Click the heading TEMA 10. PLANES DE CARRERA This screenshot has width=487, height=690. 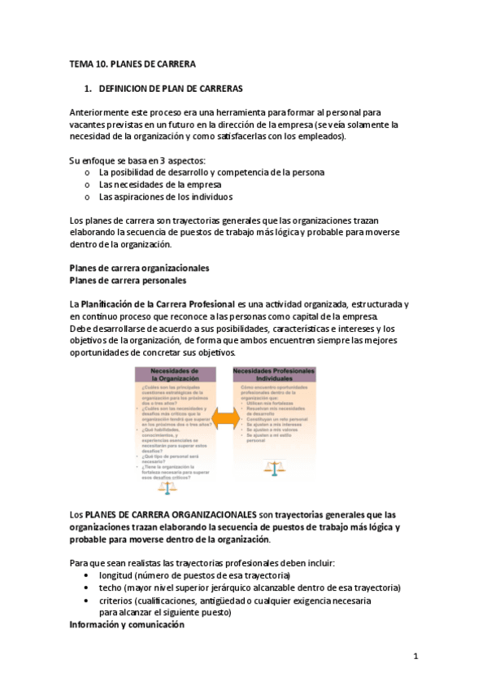(x=133, y=63)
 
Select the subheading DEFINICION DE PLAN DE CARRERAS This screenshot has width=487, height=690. (x=170, y=87)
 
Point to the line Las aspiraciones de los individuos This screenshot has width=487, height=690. (x=165, y=196)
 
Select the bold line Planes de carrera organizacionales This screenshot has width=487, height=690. (x=139, y=268)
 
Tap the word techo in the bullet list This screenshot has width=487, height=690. (x=111, y=587)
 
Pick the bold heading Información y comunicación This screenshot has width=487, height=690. (x=127, y=625)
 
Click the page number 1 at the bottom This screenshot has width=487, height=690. (x=415, y=656)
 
